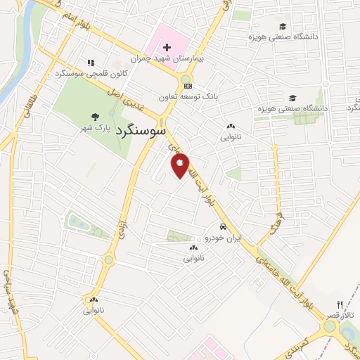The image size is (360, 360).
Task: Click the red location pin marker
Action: coord(181,167)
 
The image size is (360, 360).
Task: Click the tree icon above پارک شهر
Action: coord(94,117)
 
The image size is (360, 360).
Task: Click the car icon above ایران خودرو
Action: coord(222,227)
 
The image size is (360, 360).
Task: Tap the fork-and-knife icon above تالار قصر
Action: coord(340,304)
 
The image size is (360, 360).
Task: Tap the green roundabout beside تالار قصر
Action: coord(330,326)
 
